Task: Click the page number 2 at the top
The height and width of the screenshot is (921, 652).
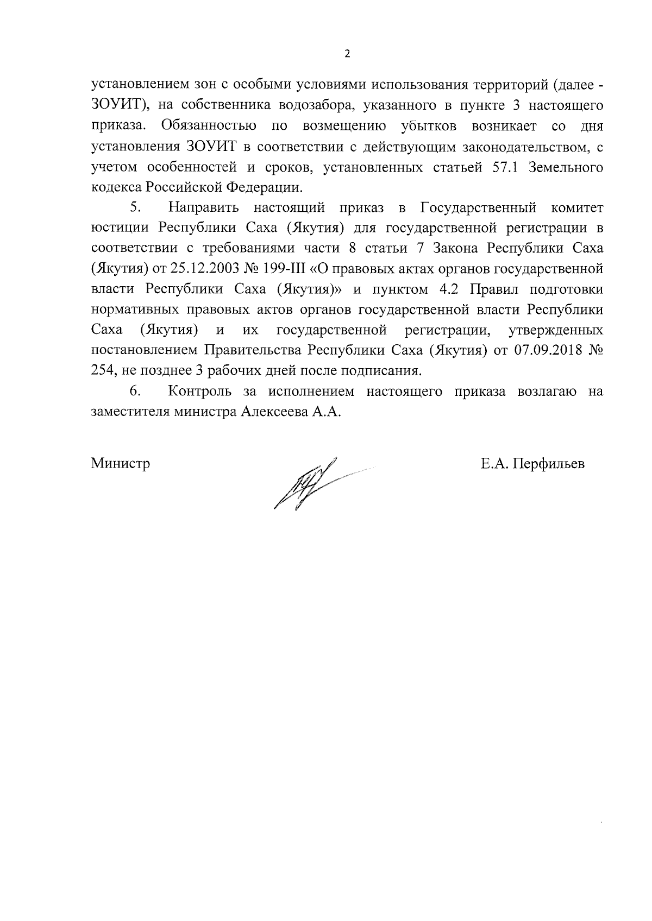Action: (x=347, y=53)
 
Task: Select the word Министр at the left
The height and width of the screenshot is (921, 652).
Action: (x=121, y=464)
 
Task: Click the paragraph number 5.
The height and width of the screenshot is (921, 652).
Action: (x=136, y=207)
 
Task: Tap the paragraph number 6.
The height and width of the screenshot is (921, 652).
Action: (x=136, y=391)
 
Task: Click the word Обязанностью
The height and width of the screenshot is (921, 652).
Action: (x=208, y=126)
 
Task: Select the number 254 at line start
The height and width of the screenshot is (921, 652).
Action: (x=102, y=371)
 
